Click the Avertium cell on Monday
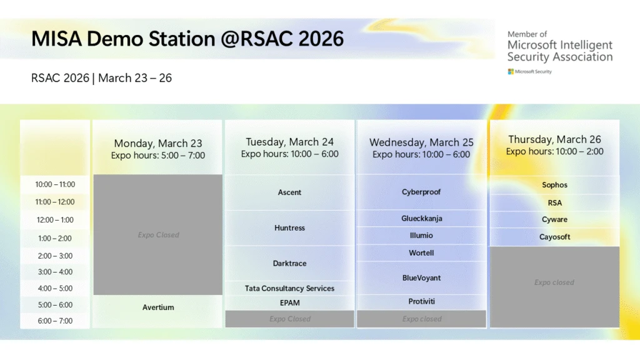coord(158,307)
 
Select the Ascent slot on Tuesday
coord(289,192)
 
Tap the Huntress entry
coord(289,228)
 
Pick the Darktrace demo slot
coord(289,264)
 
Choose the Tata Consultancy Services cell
coord(289,288)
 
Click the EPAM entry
coord(289,303)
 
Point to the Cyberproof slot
coord(421,192)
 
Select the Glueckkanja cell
coord(421,219)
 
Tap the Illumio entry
coord(421,236)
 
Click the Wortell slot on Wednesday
coord(421,253)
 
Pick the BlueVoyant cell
coord(421,278)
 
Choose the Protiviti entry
coord(421,302)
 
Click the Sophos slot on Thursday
coord(554,185)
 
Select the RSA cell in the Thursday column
coord(554,203)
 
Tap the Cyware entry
coord(554,220)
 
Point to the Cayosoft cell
coord(554,237)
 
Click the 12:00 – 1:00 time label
coord(55,220)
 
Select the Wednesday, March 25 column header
coord(421,148)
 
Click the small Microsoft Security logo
coord(530,72)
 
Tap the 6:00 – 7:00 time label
coord(55,321)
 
